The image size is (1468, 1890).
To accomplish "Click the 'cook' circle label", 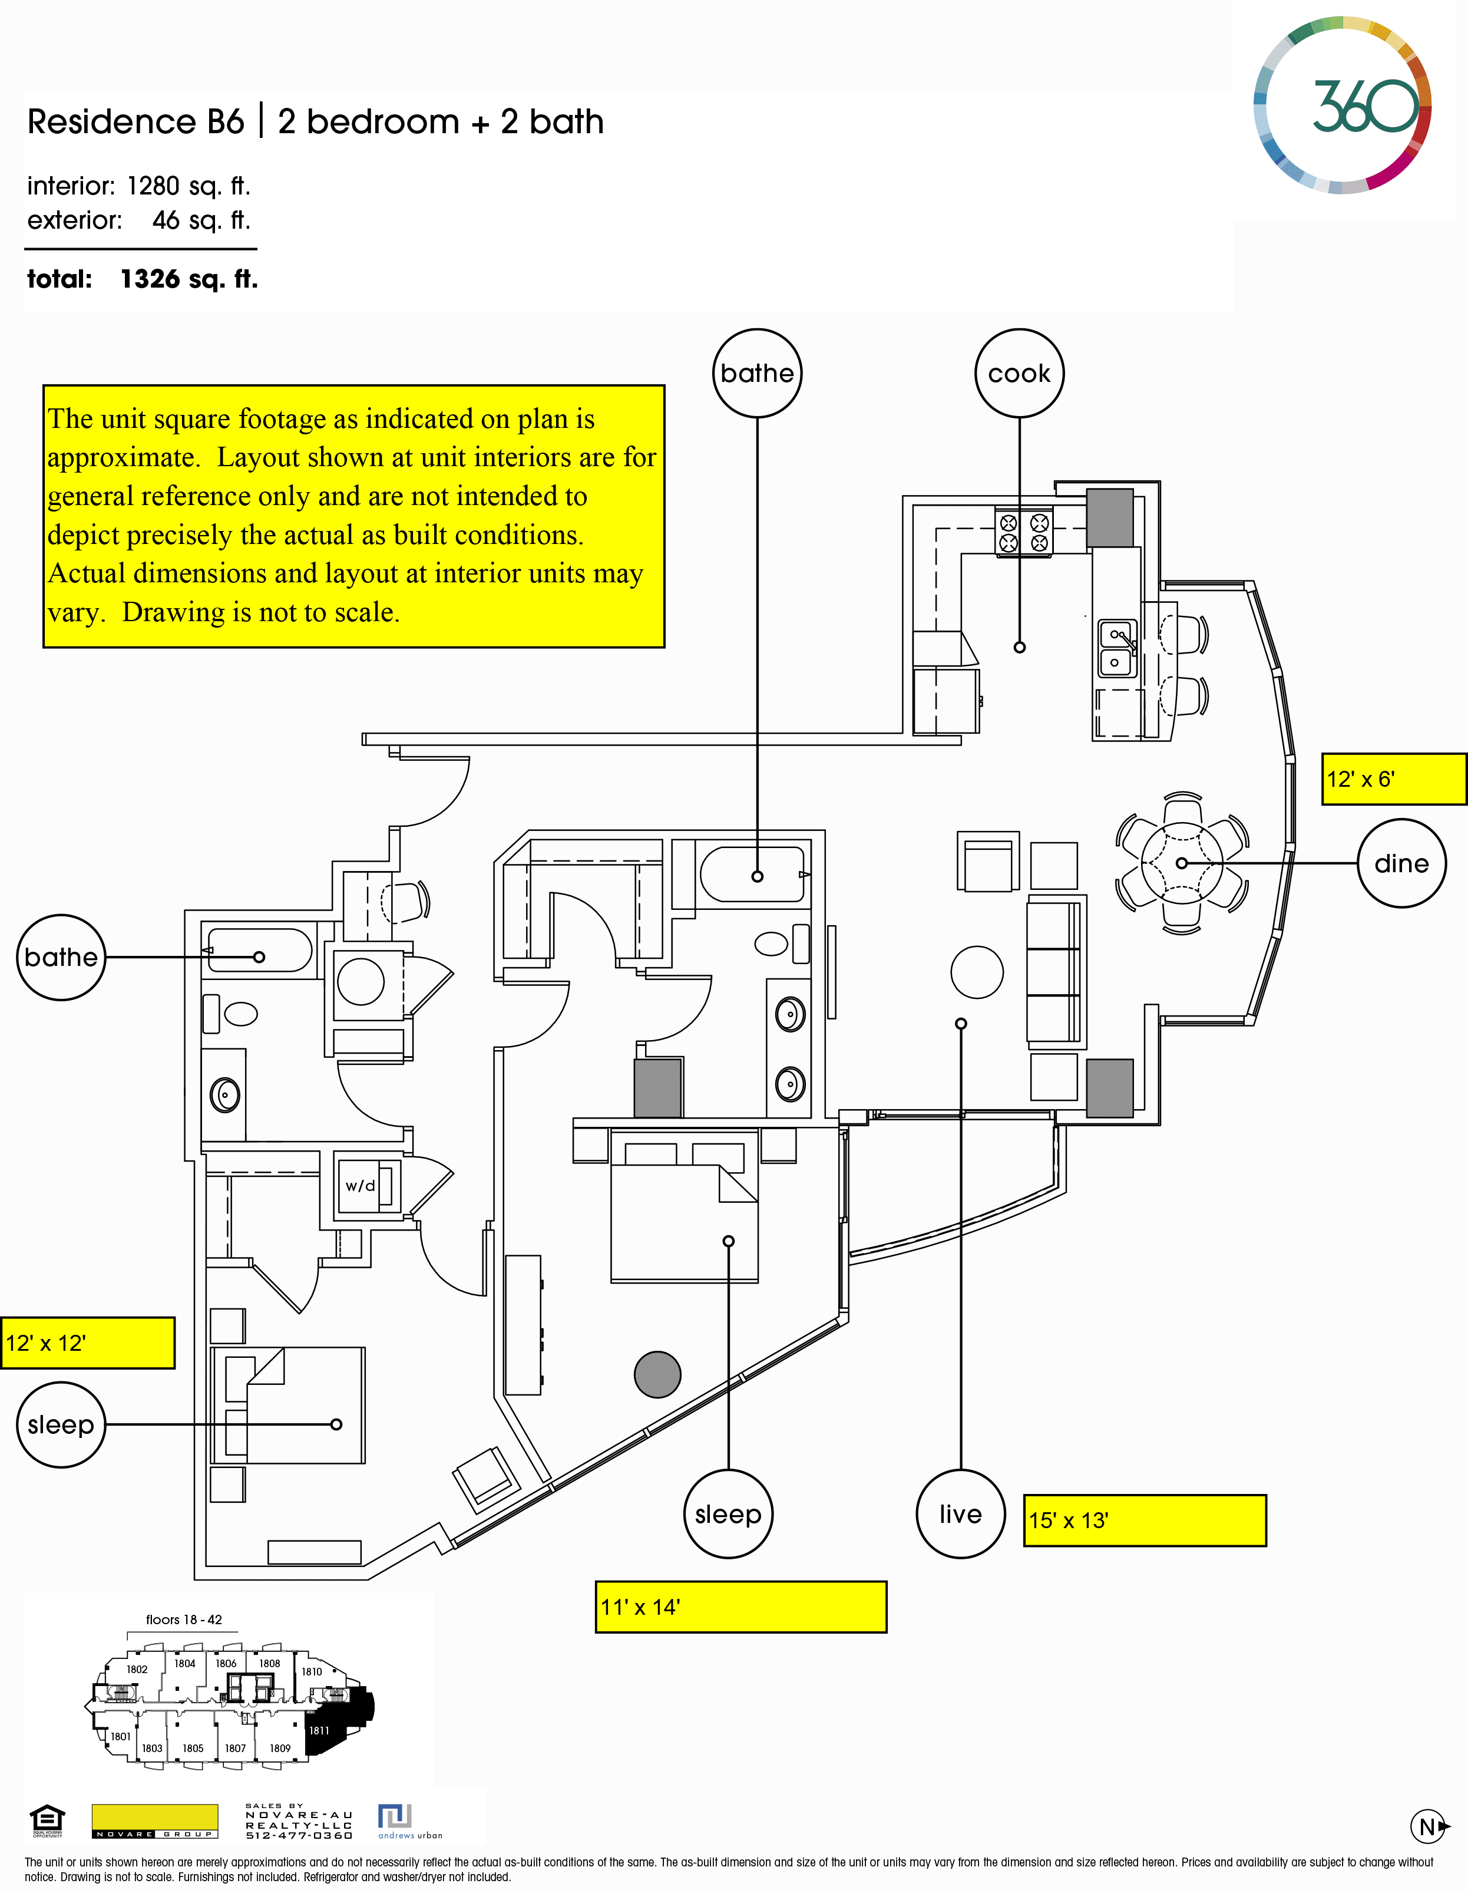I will tap(1019, 373).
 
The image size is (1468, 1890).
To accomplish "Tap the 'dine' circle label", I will tap(1401, 863).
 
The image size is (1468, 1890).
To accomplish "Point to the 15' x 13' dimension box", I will tap(1143, 1520).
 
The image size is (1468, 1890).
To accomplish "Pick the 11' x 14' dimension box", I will tap(740, 1607).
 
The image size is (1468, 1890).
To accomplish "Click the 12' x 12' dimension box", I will tap(87, 1343).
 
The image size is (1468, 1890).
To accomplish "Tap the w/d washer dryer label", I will tap(361, 1186).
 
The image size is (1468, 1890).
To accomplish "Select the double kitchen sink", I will tap(1117, 648).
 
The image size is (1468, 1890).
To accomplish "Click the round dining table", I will tap(1182, 863).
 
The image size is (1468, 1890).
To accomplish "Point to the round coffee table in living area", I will tap(977, 972).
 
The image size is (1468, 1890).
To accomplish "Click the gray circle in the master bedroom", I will tap(657, 1374).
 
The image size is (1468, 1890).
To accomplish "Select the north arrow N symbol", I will tap(1429, 1827).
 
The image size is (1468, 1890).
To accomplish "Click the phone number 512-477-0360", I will tap(299, 1835).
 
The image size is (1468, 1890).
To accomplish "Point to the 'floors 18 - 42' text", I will tap(183, 1619).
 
